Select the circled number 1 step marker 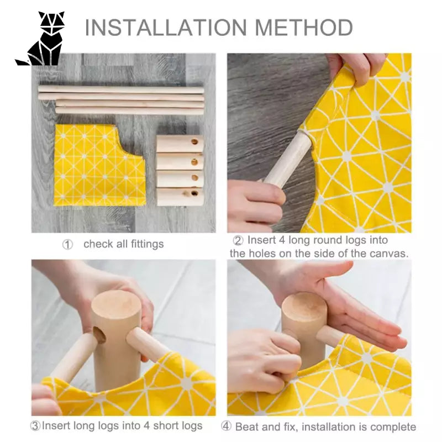67,244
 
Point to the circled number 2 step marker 238,240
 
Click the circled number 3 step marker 35,426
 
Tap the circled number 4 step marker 226,427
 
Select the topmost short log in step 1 180,144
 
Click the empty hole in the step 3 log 100,335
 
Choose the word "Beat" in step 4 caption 247,427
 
